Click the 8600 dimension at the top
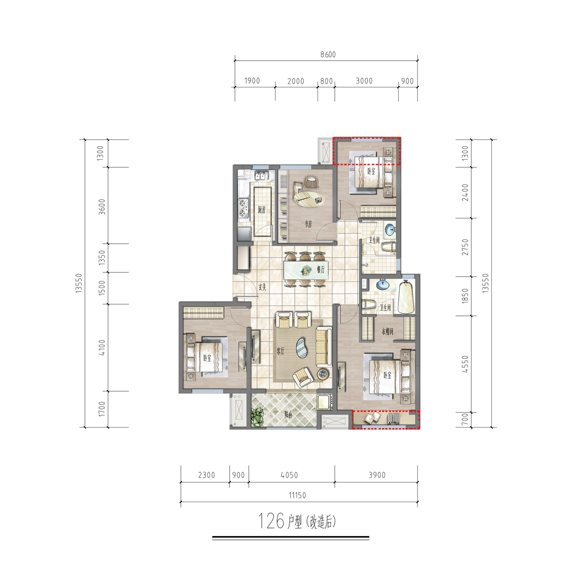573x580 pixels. tap(328, 54)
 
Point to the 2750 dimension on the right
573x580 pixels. tap(465, 247)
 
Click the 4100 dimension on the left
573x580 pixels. tap(102, 347)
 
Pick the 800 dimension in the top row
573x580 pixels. tap(327, 81)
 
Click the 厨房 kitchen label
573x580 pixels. tap(262, 210)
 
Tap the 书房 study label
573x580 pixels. tap(308, 224)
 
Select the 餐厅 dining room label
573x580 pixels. tap(321, 269)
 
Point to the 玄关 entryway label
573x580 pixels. tap(262, 288)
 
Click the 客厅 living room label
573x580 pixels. tap(280, 351)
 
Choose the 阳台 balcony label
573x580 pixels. tap(288, 415)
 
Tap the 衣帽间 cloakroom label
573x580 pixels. tap(388, 332)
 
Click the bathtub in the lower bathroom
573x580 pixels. tap(406, 297)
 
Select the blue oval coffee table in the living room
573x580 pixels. tap(302, 348)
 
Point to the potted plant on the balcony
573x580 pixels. tap(258, 417)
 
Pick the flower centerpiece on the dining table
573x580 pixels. tap(306, 270)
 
